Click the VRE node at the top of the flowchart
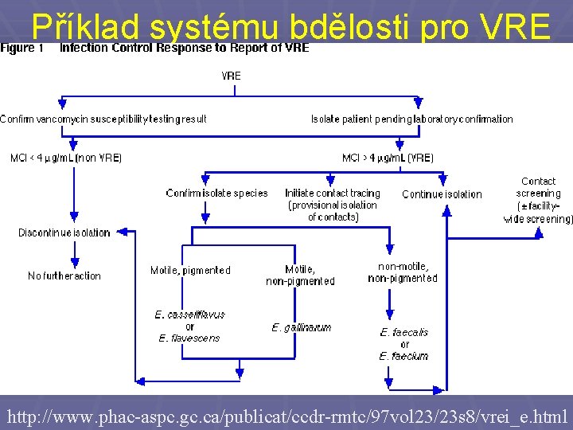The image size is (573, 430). (x=231, y=76)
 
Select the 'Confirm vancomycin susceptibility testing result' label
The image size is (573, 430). (x=103, y=119)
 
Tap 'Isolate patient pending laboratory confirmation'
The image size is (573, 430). (x=411, y=119)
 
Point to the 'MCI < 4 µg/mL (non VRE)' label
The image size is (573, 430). (x=66, y=158)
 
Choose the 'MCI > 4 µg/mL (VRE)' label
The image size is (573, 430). (x=388, y=158)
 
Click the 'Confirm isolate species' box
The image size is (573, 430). (x=216, y=193)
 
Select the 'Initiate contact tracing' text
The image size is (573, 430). (x=333, y=193)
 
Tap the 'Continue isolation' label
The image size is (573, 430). (x=442, y=194)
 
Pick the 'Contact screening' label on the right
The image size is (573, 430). (x=539, y=187)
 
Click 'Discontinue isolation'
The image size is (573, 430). (x=64, y=233)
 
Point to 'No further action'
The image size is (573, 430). (x=64, y=276)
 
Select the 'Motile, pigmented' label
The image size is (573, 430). (x=190, y=271)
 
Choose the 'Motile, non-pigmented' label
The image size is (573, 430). (x=300, y=276)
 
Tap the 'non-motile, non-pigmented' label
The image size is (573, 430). (x=403, y=272)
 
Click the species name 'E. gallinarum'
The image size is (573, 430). (x=301, y=327)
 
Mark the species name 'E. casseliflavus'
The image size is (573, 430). (x=189, y=315)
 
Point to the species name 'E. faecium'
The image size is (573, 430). (x=403, y=356)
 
